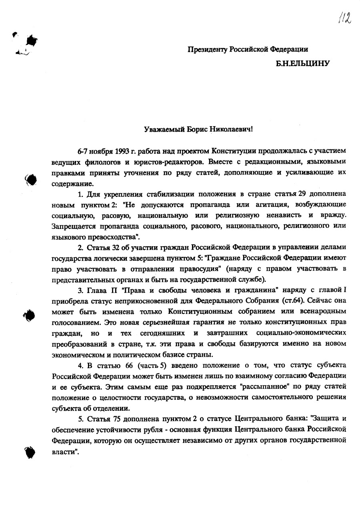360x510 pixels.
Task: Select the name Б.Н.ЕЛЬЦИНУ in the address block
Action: click(302, 63)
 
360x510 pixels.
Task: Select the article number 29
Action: click(302, 194)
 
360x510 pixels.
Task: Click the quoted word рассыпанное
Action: click(263, 387)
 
